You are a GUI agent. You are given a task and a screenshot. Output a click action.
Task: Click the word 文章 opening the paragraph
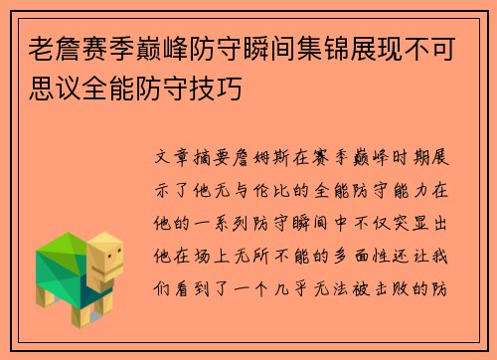point(177,157)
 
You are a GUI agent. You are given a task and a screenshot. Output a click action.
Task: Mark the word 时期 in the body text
point(407,157)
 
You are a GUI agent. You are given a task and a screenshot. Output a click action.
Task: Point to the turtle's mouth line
point(112,271)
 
